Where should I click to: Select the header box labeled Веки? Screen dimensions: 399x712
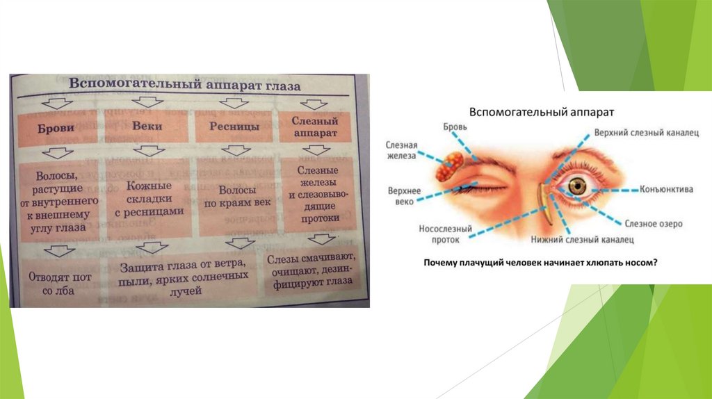coord(146,127)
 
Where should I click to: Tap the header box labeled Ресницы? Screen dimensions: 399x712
coord(234,127)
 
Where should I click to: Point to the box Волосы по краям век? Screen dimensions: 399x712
coord(236,198)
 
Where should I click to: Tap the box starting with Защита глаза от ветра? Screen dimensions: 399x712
coord(184,277)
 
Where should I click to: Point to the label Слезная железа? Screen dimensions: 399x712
coord(401,151)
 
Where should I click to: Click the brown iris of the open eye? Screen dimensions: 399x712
coord(577,186)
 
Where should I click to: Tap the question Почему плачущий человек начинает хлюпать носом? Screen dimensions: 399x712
coord(541,263)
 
